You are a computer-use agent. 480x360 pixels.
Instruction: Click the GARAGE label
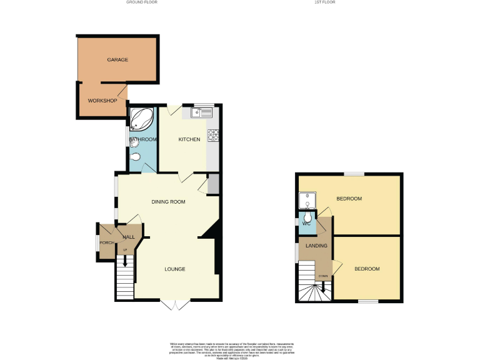pos(117,60)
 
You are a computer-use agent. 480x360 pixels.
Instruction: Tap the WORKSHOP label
pos(102,101)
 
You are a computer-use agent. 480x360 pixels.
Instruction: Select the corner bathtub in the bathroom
pos(141,117)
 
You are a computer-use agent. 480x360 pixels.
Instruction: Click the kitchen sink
pos(202,112)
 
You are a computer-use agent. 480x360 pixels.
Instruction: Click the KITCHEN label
pos(189,139)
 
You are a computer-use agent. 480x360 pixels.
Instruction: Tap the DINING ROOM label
pos(169,202)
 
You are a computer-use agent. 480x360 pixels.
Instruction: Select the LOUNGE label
pos(175,269)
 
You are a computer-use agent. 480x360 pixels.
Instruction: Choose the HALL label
pos(129,237)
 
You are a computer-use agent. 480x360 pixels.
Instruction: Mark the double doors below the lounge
pos(175,304)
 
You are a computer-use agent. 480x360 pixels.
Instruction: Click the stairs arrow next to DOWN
pos(322,286)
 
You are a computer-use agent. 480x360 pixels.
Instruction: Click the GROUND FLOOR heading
pos(142,2)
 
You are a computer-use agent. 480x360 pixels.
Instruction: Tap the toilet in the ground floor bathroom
pos(136,157)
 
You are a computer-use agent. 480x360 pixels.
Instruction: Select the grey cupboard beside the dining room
pos(213,184)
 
